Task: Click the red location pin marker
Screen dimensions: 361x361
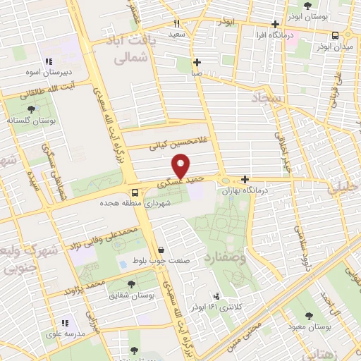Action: point(181,166)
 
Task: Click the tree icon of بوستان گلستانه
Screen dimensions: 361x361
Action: point(31,109)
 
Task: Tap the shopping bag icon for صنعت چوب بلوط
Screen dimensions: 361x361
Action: point(162,249)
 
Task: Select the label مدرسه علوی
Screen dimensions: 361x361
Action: point(63,335)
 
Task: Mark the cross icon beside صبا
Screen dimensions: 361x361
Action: point(197,62)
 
